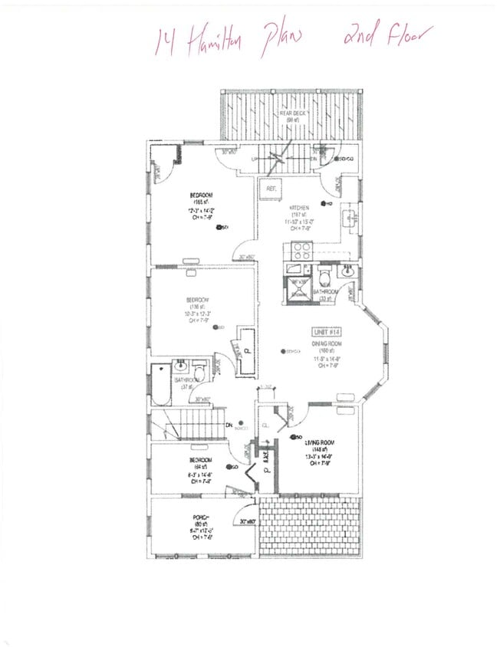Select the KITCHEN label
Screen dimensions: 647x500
[298, 208]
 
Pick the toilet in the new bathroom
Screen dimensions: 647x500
[324, 275]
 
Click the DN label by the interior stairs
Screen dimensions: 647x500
[229, 426]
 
